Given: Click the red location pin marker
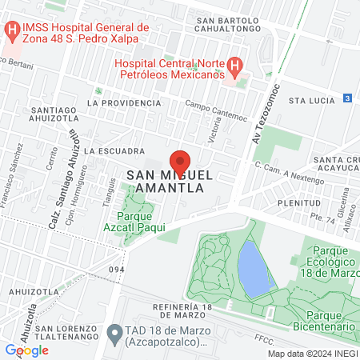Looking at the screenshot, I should click(x=180, y=160).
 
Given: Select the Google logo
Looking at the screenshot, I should click(x=26, y=350).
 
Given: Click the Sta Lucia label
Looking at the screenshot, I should click(x=310, y=102).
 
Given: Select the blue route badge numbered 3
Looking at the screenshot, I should click(x=347, y=98).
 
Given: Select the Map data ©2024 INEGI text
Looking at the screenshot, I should click(x=311, y=353).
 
